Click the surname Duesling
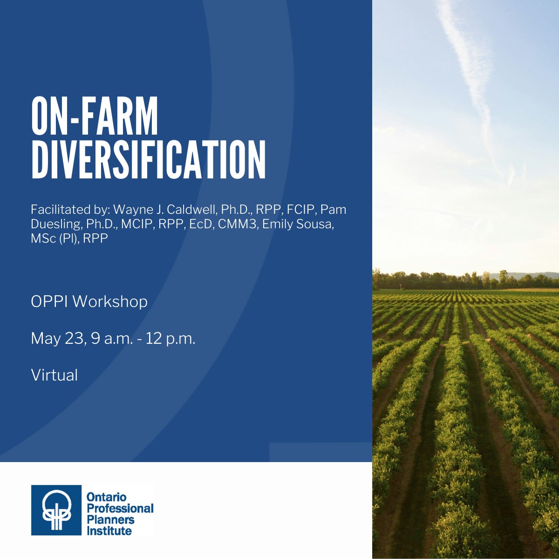56,224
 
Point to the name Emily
279,224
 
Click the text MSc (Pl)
55,239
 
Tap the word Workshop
110,302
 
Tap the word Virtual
55,375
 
